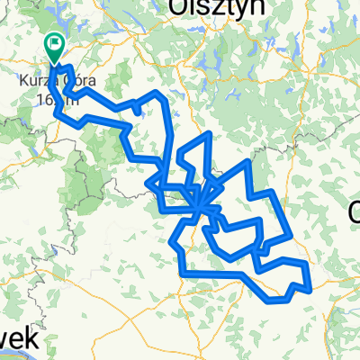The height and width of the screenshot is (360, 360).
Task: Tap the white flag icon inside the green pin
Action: pos(56,42)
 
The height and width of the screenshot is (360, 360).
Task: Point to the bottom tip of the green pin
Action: pos(56,63)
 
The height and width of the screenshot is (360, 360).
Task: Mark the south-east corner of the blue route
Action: pos(310,289)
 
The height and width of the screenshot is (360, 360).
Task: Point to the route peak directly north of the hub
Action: pos(208,134)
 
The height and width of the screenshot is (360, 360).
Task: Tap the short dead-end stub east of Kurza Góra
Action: pos(135,108)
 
